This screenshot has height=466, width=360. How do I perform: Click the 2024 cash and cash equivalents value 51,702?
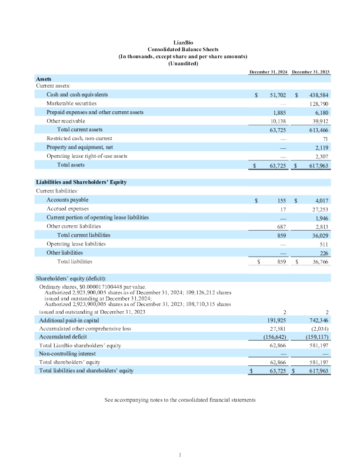277,94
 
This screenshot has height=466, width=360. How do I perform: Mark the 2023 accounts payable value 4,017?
321,200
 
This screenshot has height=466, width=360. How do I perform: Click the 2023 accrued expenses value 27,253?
319,208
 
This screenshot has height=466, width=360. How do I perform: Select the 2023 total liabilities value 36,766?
319,261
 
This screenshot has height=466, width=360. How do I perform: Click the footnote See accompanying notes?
179,400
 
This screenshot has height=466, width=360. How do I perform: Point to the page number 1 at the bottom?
180,454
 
